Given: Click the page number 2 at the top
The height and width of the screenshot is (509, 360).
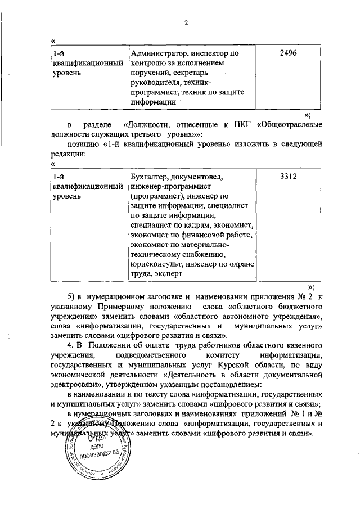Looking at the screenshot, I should click(x=185, y=23).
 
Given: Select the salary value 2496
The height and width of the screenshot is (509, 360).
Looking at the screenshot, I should click(x=287, y=53).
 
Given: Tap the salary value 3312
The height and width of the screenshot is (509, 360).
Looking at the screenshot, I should click(x=287, y=177).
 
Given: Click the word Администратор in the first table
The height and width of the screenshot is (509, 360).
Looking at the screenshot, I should click(x=155, y=53).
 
